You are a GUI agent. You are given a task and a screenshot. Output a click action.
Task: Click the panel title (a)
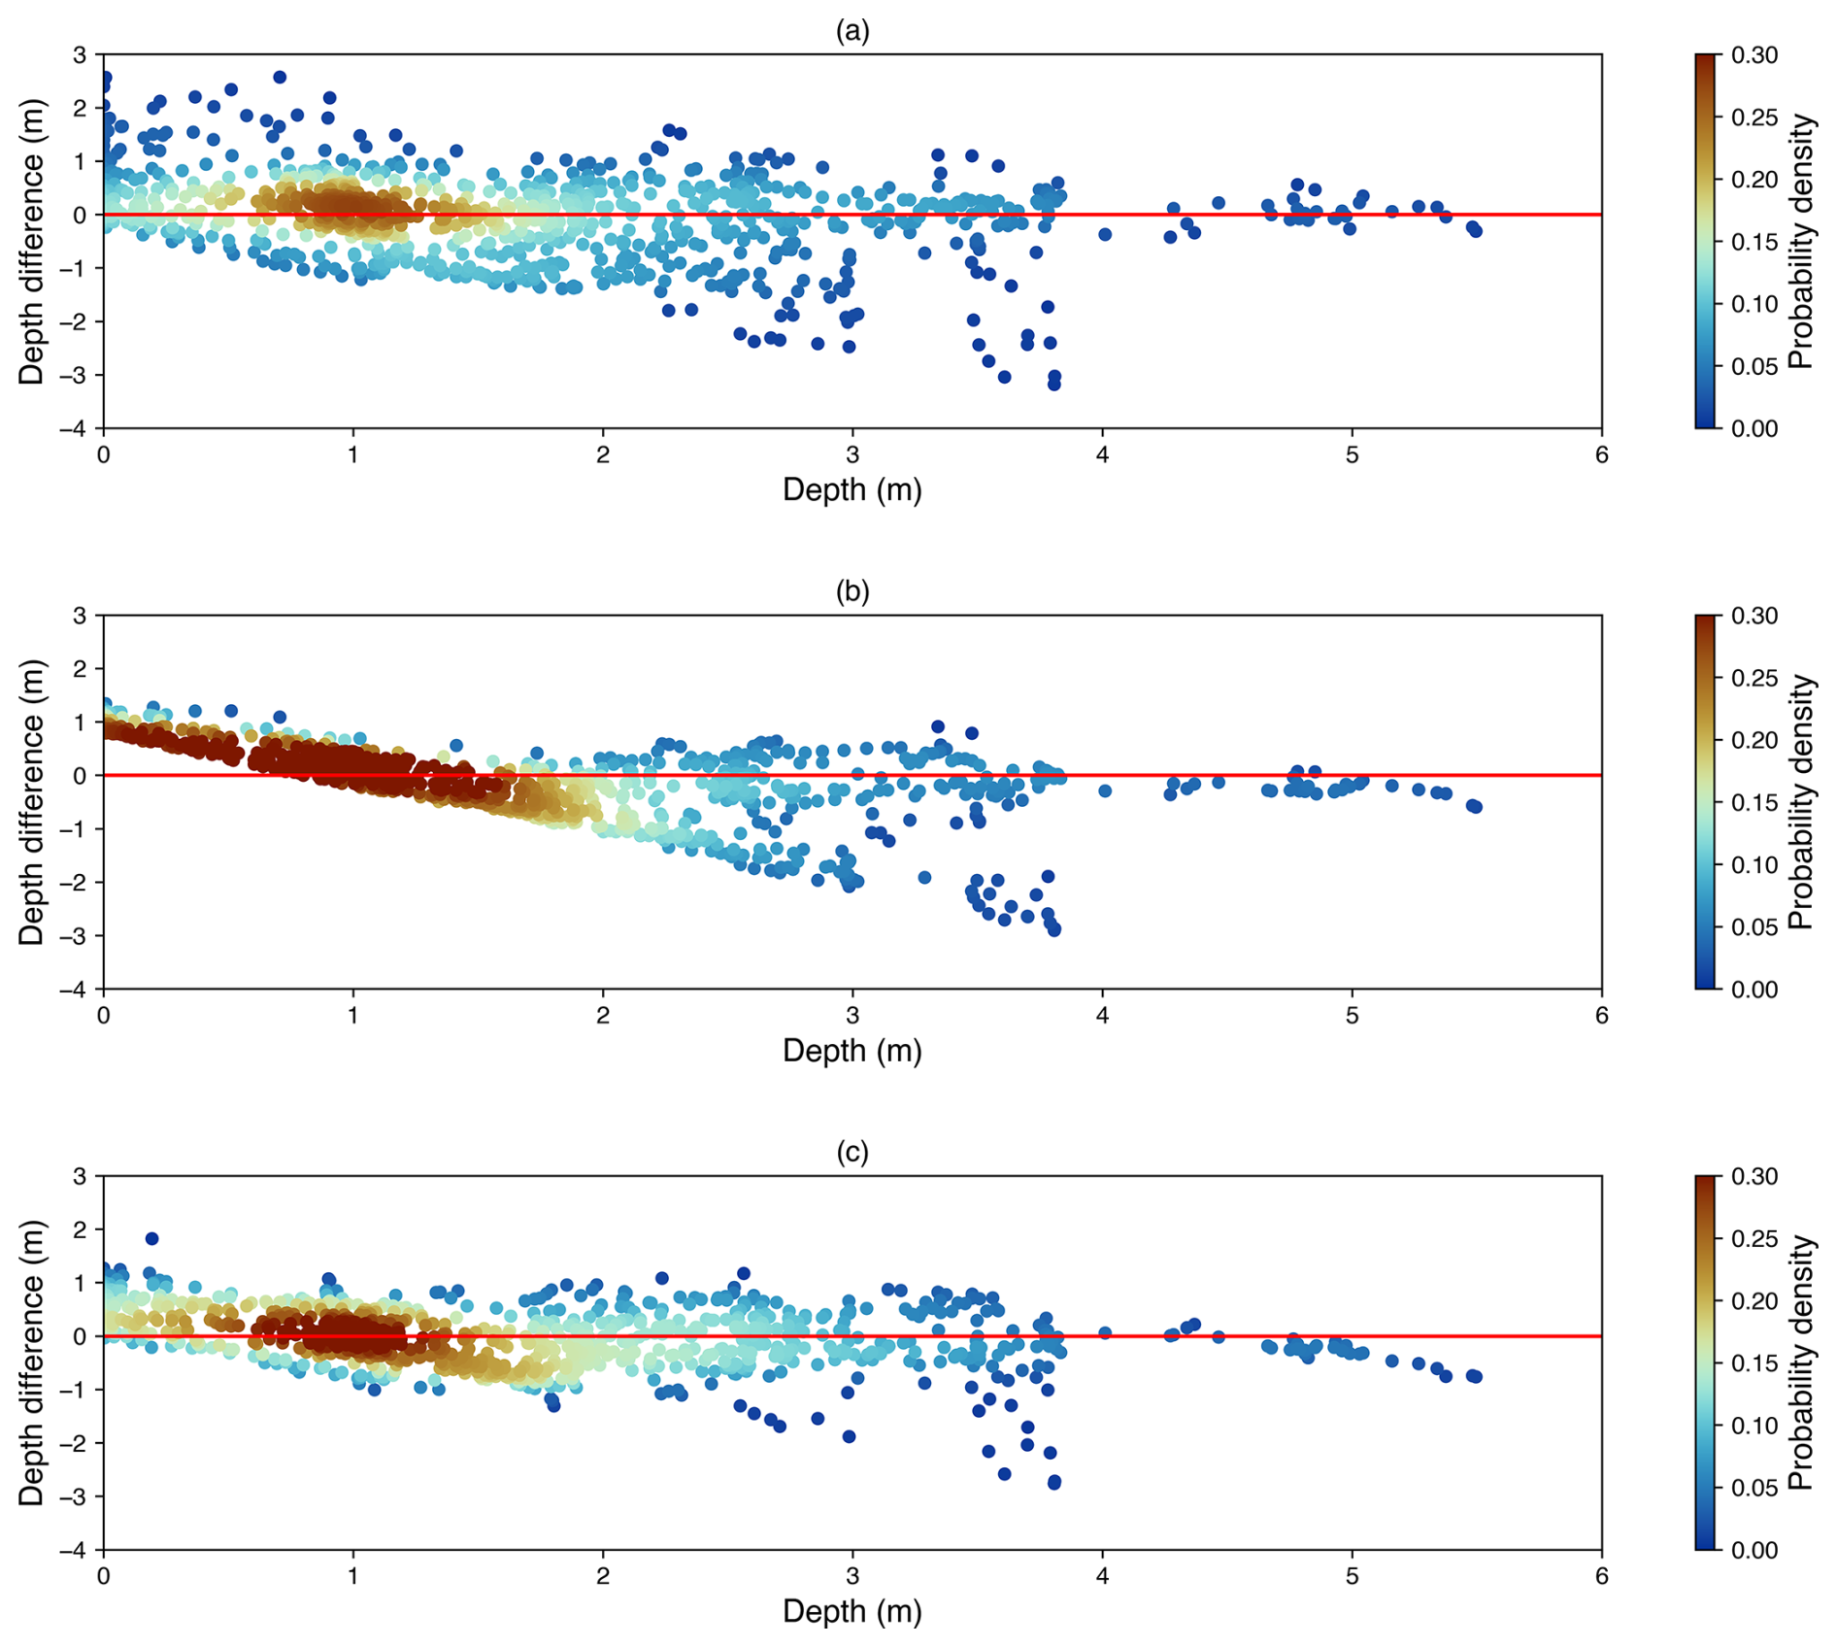pyautogui.click(x=852, y=32)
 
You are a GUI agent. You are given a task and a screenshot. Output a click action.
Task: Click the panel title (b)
pyautogui.click(x=852, y=592)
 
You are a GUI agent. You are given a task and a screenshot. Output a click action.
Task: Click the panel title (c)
pyautogui.click(x=852, y=1153)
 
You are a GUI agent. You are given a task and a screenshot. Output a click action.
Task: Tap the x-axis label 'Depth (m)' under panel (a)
pyautogui.click(x=852, y=490)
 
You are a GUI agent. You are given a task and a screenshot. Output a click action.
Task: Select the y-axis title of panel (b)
pyautogui.click(x=32, y=802)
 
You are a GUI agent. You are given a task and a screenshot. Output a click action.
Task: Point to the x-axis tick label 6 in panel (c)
pyautogui.click(x=1601, y=1576)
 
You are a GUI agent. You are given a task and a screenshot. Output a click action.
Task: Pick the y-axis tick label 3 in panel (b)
pyautogui.click(x=80, y=616)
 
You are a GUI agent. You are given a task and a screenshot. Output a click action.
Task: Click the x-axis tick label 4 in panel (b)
pyautogui.click(x=1102, y=1016)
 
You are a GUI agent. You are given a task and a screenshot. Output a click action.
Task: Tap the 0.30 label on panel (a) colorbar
pyautogui.click(x=1754, y=55)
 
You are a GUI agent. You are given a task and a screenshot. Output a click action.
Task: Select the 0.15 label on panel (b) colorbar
pyautogui.click(x=1754, y=803)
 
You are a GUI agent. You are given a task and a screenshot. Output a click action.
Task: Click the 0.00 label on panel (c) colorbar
pyautogui.click(x=1754, y=1550)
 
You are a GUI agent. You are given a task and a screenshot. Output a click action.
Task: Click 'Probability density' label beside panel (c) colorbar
pyautogui.click(x=1801, y=1362)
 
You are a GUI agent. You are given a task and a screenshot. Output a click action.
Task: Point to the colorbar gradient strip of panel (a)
pyautogui.click(x=1705, y=241)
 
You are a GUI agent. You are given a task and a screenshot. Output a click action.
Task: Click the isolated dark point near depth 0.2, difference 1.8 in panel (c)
pyautogui.click(x=151, y=1238)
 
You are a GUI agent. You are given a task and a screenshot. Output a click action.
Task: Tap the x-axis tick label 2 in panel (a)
pyautogui.click(x=603, y=455)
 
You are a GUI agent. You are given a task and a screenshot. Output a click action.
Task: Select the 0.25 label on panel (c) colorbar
pyautogui.click(x=1754, y=1239)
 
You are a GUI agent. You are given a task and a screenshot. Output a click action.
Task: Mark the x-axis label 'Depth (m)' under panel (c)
pyautogui.click(x=852, y=1612)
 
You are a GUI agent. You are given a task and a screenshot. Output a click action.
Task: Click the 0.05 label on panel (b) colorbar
pyautogui.click(x=1754, y=927)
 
